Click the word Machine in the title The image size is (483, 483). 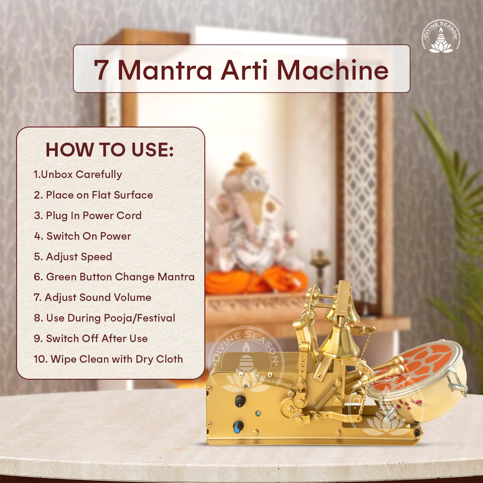click(333, 70)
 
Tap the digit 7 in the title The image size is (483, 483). click(101, 70)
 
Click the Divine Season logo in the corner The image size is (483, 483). click(441, 36)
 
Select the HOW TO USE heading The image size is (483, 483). click(110, 149)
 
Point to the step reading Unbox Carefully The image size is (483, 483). click(78, 174)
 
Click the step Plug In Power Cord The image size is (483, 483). click(88, 216)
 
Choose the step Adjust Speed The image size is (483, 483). click(73, 257)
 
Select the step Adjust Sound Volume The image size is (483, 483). click(93, 297)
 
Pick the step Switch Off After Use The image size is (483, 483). click(90, 338)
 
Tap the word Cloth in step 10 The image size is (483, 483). click(169, 359)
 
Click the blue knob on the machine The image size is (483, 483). click(238, 427)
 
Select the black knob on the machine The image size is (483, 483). click(240, 401)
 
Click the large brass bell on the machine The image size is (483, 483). click(339, 342)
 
